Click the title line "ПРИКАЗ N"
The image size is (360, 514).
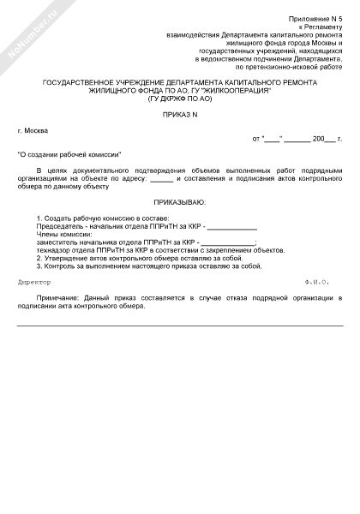pyautogui.click(x=180, y=114)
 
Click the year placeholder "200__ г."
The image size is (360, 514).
pyautogui.click(x=327, y=138)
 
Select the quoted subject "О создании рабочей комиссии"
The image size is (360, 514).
pyautogui.click(x=69, y=153)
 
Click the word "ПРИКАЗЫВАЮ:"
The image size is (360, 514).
pyautogui.click(x=180, y=202)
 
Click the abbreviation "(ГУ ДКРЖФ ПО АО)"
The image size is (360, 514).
pyautogui.click(x=180, y=99)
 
